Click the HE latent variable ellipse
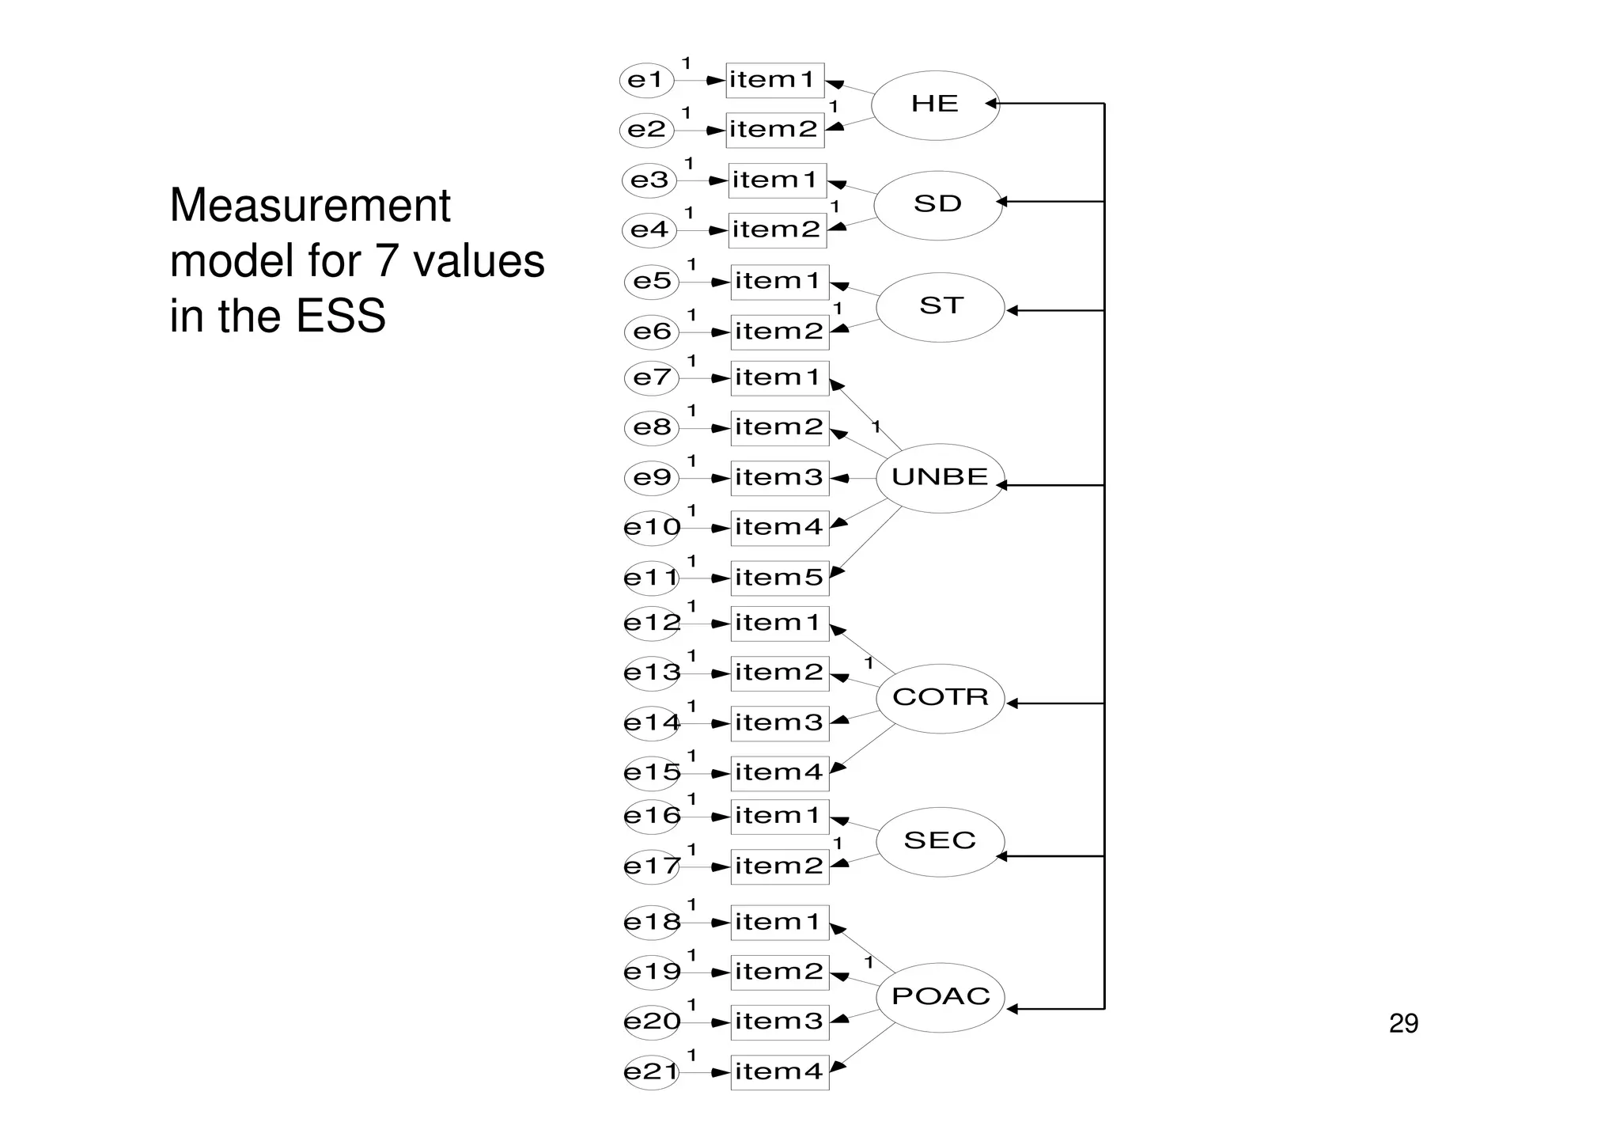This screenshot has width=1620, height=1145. pos(935,104)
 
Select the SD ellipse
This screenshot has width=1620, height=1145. pos(938,205)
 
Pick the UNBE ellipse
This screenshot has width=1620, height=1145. pos(940,477)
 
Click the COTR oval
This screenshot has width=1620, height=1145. pos(941,697)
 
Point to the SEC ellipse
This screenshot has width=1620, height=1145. pos(940,841)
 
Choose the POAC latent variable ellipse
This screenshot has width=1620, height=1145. pos(941,996)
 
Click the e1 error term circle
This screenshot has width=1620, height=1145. pos(646,80)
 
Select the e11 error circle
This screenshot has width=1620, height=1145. pos(651,578)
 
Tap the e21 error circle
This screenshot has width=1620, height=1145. pos(651,1072)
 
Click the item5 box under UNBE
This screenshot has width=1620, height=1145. pos(779,578)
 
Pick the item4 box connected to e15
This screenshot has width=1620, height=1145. pos(779,773)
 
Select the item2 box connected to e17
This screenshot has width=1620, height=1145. pos(779,866)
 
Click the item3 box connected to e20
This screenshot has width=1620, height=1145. pos(779,1022)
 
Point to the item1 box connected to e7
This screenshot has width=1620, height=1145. pos(779,377)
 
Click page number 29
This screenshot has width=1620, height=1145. pos(1403,1024)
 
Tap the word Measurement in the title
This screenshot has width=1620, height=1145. pos(310,206)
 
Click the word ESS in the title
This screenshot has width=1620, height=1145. pos(341,316)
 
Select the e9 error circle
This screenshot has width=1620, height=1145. pos(651,478)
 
